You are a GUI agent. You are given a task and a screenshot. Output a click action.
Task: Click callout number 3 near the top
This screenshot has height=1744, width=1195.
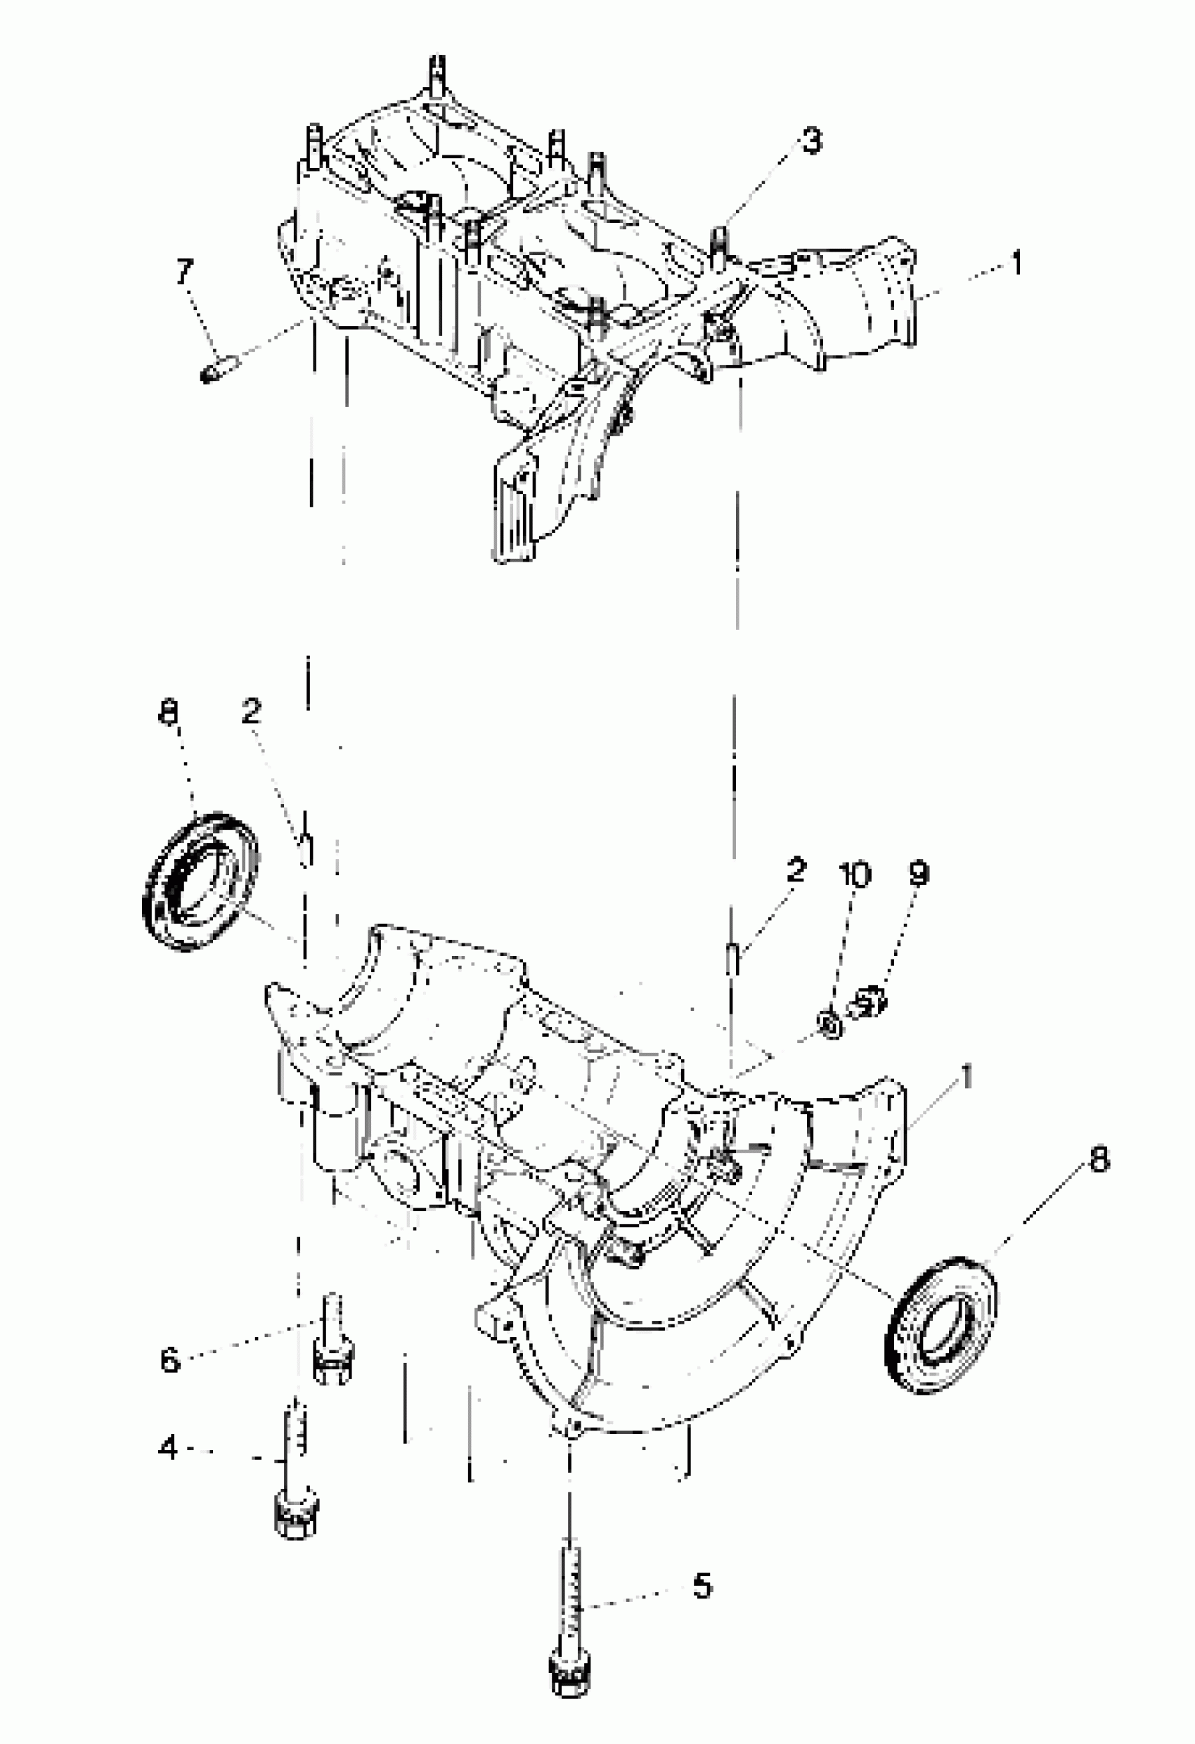coord(810,141)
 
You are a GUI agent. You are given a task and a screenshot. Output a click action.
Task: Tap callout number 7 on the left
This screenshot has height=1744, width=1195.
coord(185,271)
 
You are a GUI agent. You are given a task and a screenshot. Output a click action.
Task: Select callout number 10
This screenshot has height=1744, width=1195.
coord(855,875)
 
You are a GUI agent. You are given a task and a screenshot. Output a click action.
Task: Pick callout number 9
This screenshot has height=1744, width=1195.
coord(918,874)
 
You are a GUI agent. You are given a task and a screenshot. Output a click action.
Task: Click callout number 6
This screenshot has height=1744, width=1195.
coord(170,1359)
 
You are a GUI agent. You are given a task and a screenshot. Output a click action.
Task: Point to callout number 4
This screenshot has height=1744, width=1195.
coord(169,1447)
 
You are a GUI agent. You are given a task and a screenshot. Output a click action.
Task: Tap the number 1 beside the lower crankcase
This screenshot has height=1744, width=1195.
coord(967,1078)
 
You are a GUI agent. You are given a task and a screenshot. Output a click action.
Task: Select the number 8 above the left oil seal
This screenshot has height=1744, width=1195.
coord(169,713)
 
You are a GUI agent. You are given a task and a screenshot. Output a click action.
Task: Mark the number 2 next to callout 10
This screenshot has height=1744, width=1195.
coord(796,870)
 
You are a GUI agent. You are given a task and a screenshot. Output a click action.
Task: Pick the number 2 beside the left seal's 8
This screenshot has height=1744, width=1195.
coord(252,711)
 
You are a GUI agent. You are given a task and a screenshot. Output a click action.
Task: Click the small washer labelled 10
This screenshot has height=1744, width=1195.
coord(829,1023)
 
